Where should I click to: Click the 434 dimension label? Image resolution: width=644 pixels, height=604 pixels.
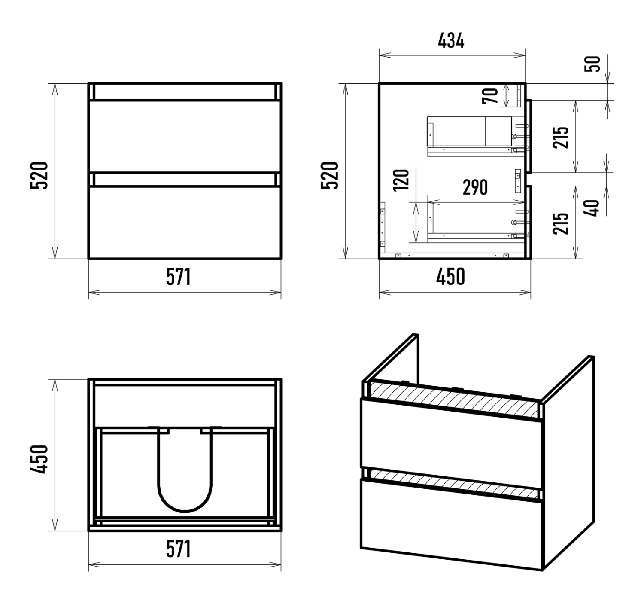[x=451, y=41]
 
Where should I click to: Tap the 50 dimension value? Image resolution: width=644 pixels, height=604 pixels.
[x=592, y=64]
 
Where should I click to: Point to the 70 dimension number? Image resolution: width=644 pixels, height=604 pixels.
[x=490, y=96]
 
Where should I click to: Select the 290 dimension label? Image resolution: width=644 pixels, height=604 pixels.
[x=475, y=187]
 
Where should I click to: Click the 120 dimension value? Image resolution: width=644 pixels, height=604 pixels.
[x=401, y=180]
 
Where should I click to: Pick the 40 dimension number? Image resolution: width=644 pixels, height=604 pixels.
[x=591, y=208]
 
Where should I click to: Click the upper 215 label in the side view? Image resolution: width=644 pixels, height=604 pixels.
[x=561, y=137]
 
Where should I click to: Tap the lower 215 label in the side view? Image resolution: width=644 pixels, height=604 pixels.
[x=561, y=223]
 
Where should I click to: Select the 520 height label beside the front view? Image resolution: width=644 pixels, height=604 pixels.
[x=39, y=176]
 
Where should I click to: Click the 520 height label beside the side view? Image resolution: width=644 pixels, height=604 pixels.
[x=329, y=176]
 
